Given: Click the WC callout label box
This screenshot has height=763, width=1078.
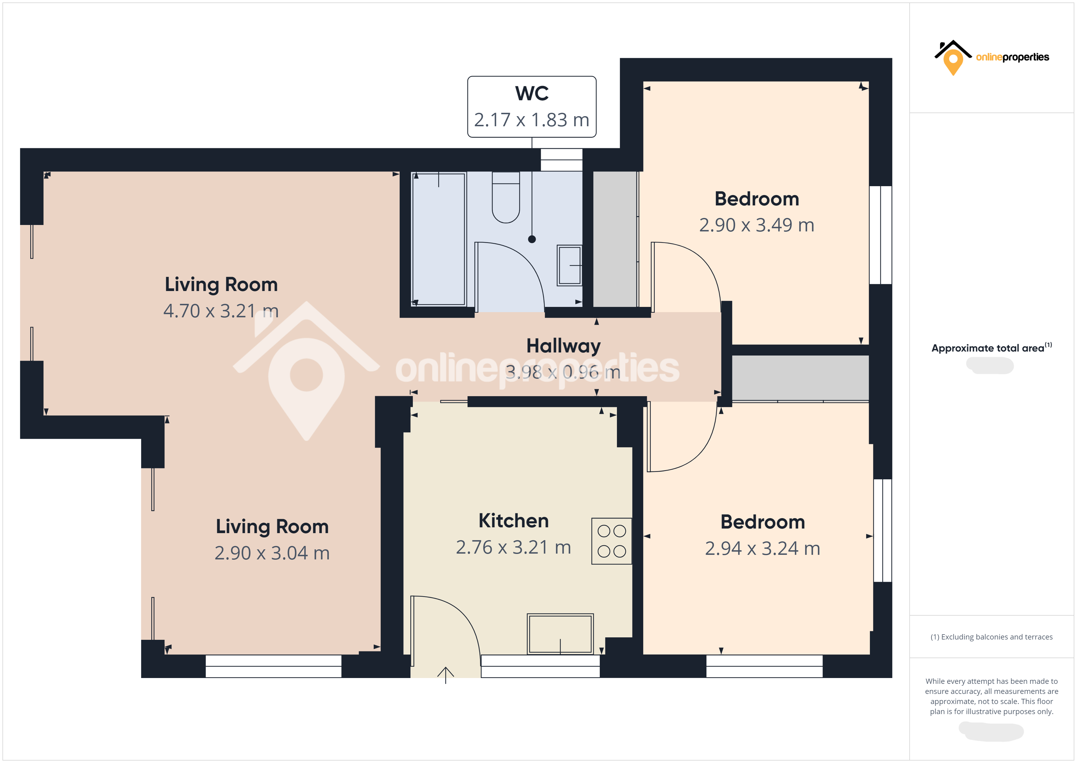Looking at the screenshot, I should [531, 107].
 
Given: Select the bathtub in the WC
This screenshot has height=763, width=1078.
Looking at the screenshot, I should [438, 239].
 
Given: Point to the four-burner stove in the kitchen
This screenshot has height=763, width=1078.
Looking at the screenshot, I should [611, 541].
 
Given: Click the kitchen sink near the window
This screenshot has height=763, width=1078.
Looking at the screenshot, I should [560, 633].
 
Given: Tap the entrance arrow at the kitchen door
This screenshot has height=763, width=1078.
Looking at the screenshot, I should [446, 675].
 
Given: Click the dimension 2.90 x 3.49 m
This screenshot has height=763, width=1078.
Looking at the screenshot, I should [756, 225].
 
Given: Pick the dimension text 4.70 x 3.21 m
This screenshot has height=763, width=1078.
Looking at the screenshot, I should [221, 311].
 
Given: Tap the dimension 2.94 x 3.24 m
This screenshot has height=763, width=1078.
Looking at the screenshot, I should [762, 548].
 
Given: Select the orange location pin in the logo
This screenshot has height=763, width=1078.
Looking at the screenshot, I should [953, 61].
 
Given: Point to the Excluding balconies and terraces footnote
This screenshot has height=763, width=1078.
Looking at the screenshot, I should [991, 637].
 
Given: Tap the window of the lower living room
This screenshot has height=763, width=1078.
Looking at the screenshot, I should [273, 666].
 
